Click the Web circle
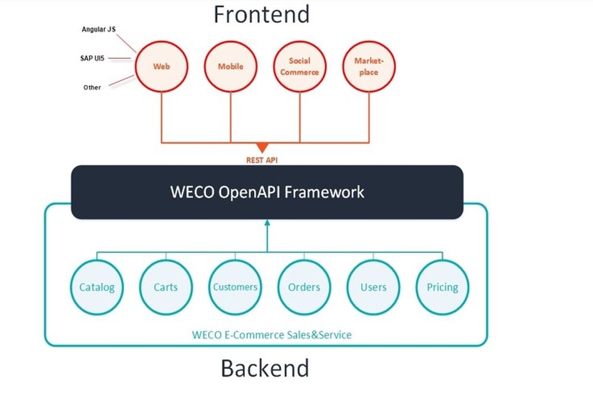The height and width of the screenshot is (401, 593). click(161, 66)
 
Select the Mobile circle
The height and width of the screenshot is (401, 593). click(231, 66)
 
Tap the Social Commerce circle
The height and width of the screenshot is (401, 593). click(299, 66)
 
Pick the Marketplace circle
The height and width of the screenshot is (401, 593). click(369, 66)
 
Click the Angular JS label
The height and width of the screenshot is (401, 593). click(98, 29)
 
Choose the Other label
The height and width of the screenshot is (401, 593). click(92, 87)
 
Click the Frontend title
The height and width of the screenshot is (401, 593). click(262, 14)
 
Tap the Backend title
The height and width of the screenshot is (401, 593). click(265, 368)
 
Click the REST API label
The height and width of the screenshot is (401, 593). click(262, 160)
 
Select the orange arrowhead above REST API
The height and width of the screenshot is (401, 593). click(262, 147)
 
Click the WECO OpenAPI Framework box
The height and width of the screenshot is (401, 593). click(267, 192)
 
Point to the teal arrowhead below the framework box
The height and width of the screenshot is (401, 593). click(267, 223)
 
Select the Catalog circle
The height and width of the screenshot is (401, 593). click(97, 287)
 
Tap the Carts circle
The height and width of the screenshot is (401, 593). click(166, 287)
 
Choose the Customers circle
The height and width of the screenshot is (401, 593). click(235, 287)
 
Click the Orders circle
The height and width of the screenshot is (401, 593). click(304, 287)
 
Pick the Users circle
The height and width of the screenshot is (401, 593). click(374, 287)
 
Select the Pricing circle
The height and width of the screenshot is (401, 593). click(442, 287)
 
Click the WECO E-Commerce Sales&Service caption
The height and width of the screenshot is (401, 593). click(272, 335)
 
